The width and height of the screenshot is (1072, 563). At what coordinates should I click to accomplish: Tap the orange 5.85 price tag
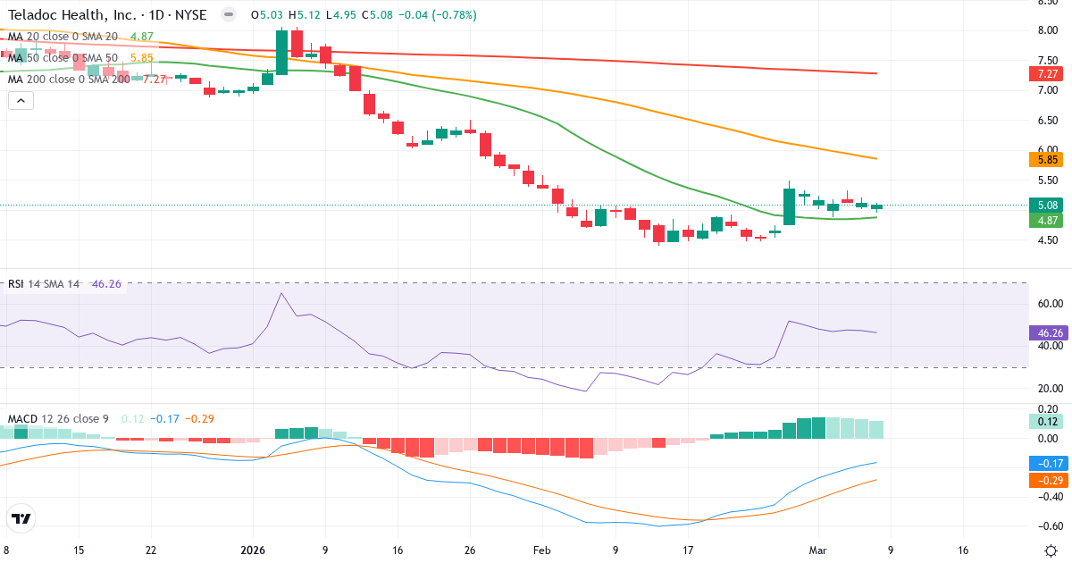click(x=1044, y=160)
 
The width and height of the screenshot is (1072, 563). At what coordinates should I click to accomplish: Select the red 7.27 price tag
click(x=1044, y=74)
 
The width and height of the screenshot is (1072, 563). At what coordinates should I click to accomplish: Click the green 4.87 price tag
click(x=1044, y=220)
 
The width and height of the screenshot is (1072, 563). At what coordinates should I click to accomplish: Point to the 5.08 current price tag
click(x=1044, y=205)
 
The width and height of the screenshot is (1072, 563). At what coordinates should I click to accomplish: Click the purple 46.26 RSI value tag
click(x=1044, y=333)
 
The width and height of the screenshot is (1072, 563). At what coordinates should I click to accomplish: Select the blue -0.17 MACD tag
click(x=1044, y=464)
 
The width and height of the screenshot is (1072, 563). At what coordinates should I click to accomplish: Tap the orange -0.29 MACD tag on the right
click(x=1044, y=481)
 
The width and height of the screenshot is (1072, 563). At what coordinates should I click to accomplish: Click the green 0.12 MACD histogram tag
click(x=1044, y=422)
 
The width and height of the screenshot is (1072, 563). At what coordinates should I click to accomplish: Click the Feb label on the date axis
click(x=542, y=550)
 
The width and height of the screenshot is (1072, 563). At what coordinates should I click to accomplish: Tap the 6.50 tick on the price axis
click(x=1046, y=121)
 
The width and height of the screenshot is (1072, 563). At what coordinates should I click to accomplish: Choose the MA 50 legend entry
click(x=63, y=57)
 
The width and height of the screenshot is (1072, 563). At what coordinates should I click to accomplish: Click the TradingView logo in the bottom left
click(x=21, y=518)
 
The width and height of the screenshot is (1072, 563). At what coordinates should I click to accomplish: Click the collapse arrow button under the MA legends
click(x=21, y=101)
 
